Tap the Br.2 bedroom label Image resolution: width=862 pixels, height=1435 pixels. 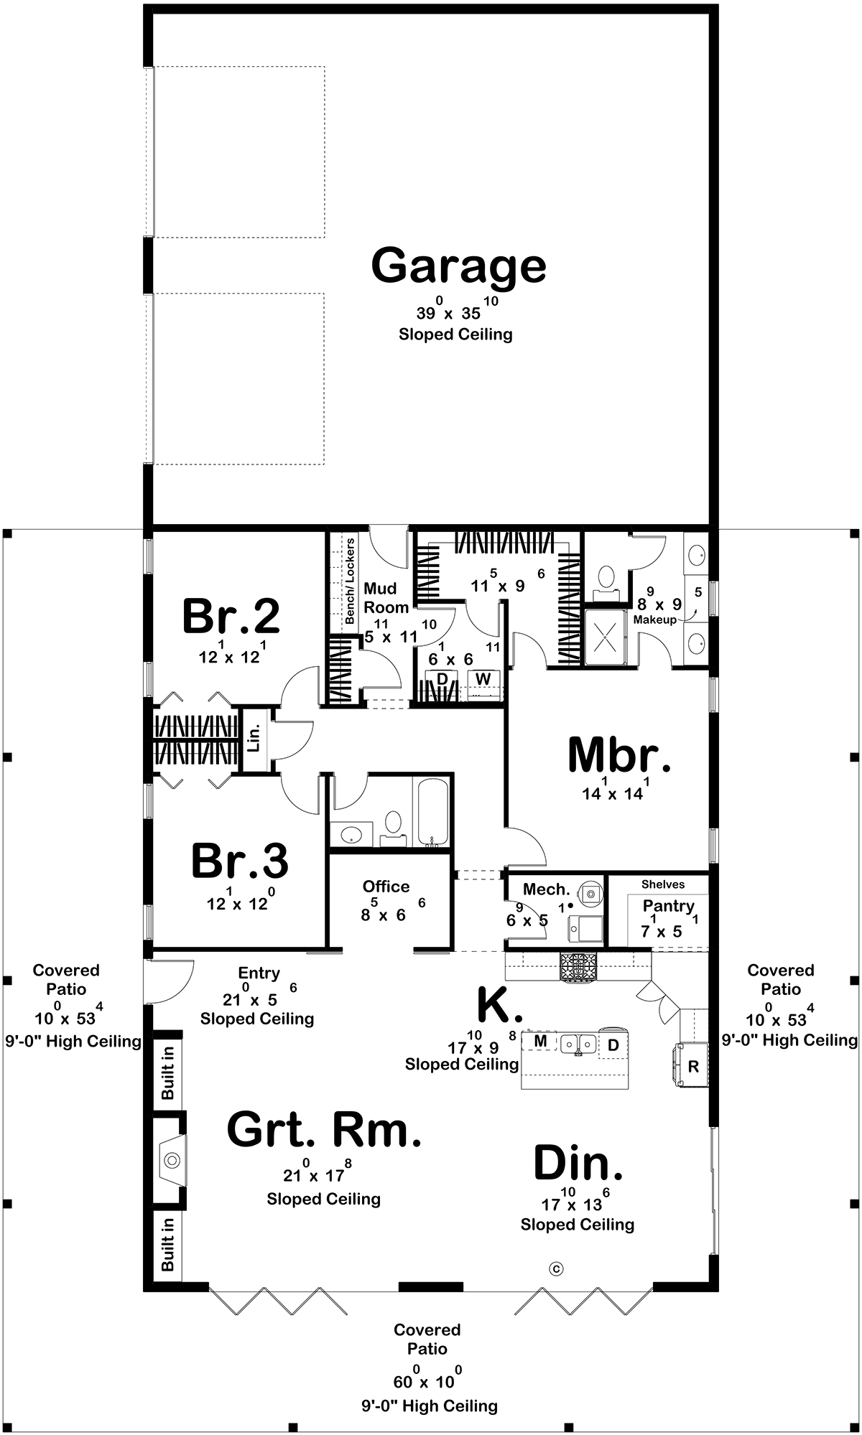(x=231, y=616)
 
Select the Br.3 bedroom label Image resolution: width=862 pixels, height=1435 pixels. (x=239, y=861)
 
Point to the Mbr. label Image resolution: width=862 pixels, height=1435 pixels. (x=619, y=755)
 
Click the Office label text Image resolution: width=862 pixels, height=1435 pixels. (x=386, y=887)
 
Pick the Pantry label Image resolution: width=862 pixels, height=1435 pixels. (x=668, y=906)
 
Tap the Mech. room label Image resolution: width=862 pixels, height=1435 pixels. (x=546, y=889)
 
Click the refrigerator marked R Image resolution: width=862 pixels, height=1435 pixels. (x=693, y=1067)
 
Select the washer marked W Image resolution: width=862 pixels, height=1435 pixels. (x=483, y=678)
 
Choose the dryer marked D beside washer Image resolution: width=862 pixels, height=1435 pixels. (x=442, y=678)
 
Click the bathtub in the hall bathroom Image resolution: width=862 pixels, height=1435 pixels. (x=432, y=812)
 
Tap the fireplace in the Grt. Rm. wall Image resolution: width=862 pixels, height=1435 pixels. (x=171, y=1160)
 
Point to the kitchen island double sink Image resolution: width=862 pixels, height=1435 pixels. (x=578, y=1043)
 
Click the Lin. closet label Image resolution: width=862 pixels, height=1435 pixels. (x=254, y=740)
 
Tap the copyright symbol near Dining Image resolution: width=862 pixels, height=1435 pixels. (x=556, y=1268)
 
